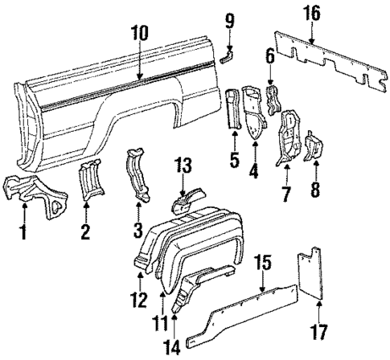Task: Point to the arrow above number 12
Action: point(139,279)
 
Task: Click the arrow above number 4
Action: point(255,151)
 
